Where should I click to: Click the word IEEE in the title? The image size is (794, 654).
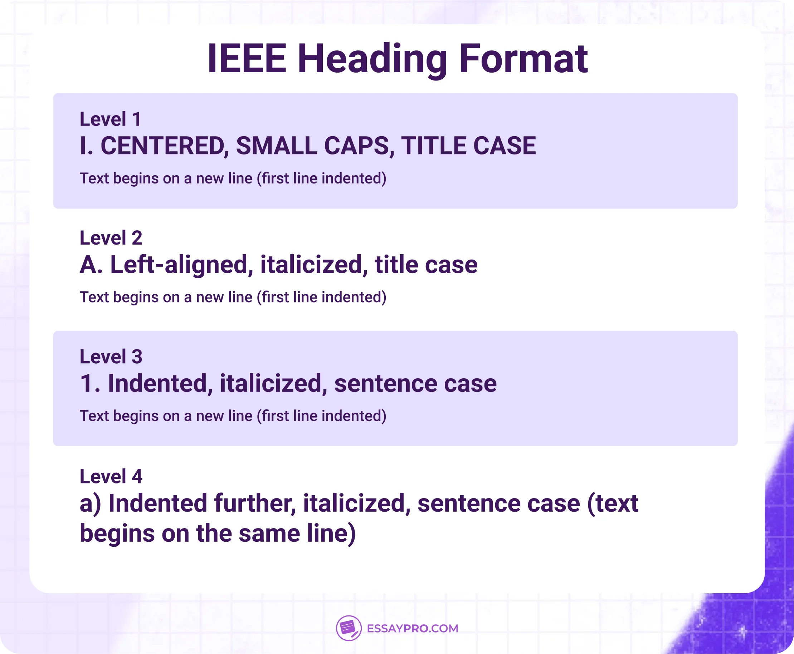pyautogui.click(x=247, y=59)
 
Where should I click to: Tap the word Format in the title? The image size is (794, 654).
pyautogui.click(x=523, y=59)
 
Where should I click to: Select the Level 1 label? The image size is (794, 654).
pyautogui.click(x=111, y=119)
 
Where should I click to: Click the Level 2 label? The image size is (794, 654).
pyautogui.click(x=111, y=238)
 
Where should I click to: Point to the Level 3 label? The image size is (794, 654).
pyautogui.click(x=111, y=357)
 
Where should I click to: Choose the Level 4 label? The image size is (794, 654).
pyautogui.click(x=111, y=477)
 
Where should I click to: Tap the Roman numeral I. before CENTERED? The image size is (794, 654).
pyautogui.click(x=86, y=146)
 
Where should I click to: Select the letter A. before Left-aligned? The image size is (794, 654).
pyautogui.click(x=91, y=265)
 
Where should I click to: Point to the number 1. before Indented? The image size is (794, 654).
pyautogui.click(x=90, y=384)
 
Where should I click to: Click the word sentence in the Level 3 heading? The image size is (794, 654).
pyautogui.click(x=385, y=384)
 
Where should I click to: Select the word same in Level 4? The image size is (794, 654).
pyautogui.click(x=269, y=534)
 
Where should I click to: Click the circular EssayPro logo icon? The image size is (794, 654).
pyautogui.click(x=349, y=628)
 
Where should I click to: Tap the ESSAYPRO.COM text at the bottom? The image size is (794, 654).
pyautogui.click(x=413, y=628)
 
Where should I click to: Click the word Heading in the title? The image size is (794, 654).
pyautogui.click(x=372, y=59)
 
